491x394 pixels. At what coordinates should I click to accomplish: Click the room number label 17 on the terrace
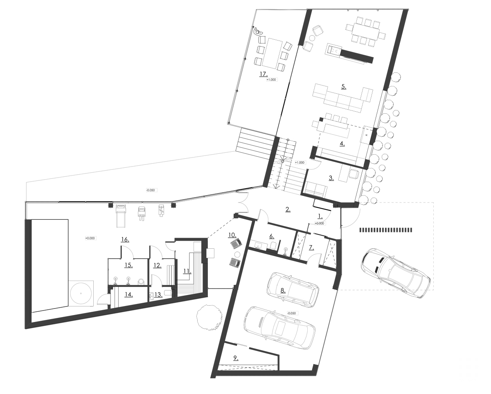point(263,74)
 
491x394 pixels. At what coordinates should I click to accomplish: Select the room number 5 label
point(344,86)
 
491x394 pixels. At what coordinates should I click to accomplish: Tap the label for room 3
point(331,178)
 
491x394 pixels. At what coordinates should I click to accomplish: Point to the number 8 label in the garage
point(283,290)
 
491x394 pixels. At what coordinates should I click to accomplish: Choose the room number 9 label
point(236,358)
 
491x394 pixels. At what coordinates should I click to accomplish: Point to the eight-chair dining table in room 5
point(365,31)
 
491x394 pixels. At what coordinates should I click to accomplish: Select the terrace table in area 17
point(271,53)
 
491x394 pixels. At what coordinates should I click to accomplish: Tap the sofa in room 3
point(316,189)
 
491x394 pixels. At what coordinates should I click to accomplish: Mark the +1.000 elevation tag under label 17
point(271,80)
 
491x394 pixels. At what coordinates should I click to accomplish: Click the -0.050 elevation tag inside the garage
point(291,313)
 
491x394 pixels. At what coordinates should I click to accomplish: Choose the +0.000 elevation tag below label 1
point(320,223)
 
